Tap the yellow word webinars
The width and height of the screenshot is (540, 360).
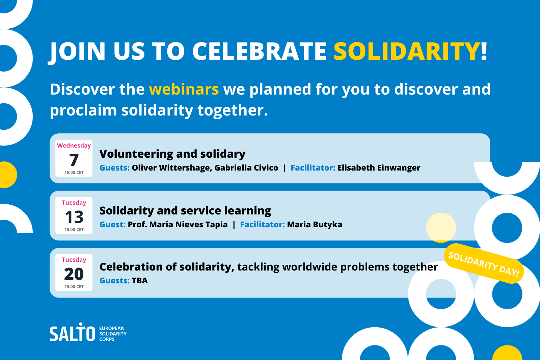(184, 89)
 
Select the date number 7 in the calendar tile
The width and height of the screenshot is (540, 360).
(74, 160)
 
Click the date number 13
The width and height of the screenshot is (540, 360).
(74, 217)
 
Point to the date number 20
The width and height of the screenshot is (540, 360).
(74, 274)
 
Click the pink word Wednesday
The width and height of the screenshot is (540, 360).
(74, 146)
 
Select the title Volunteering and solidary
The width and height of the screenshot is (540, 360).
(172, 154)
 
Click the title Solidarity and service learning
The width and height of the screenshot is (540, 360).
(185, 211)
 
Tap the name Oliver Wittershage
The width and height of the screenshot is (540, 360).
(172, 168)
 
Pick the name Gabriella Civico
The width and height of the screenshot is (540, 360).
(246, 168)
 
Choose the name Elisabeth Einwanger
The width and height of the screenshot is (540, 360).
(379, 168)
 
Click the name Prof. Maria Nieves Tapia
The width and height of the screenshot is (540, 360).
(178, 225)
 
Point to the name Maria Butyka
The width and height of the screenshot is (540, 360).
(315, 225)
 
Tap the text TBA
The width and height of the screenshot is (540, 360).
(140, 281)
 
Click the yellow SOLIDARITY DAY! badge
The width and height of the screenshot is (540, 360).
(484, 263)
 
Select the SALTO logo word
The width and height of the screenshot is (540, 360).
(72, 333)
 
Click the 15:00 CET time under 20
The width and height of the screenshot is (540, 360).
(74, 287)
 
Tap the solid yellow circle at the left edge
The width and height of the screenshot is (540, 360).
(8, 175)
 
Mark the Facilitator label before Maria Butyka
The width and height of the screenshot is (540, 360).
(262, 225)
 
